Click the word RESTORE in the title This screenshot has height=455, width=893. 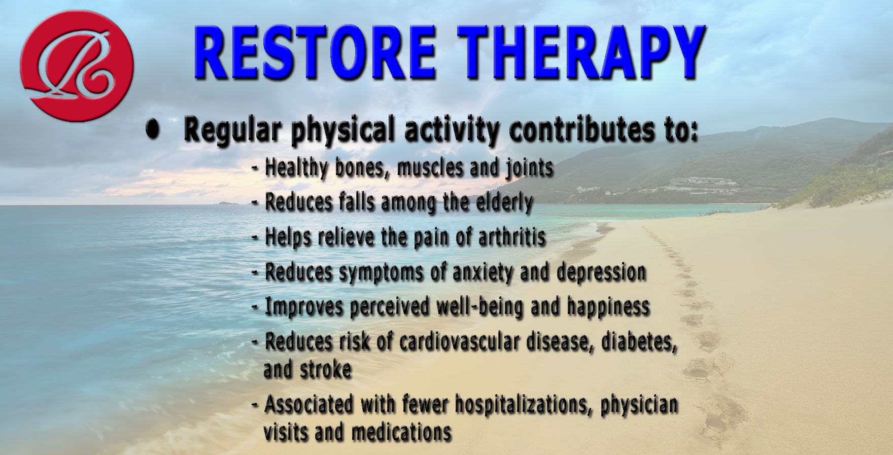tap(314, 52)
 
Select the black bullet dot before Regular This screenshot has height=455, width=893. tap(151, 131)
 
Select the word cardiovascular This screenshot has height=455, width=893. tap(459, 341)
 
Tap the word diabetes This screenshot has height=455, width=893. tap(639, 342)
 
